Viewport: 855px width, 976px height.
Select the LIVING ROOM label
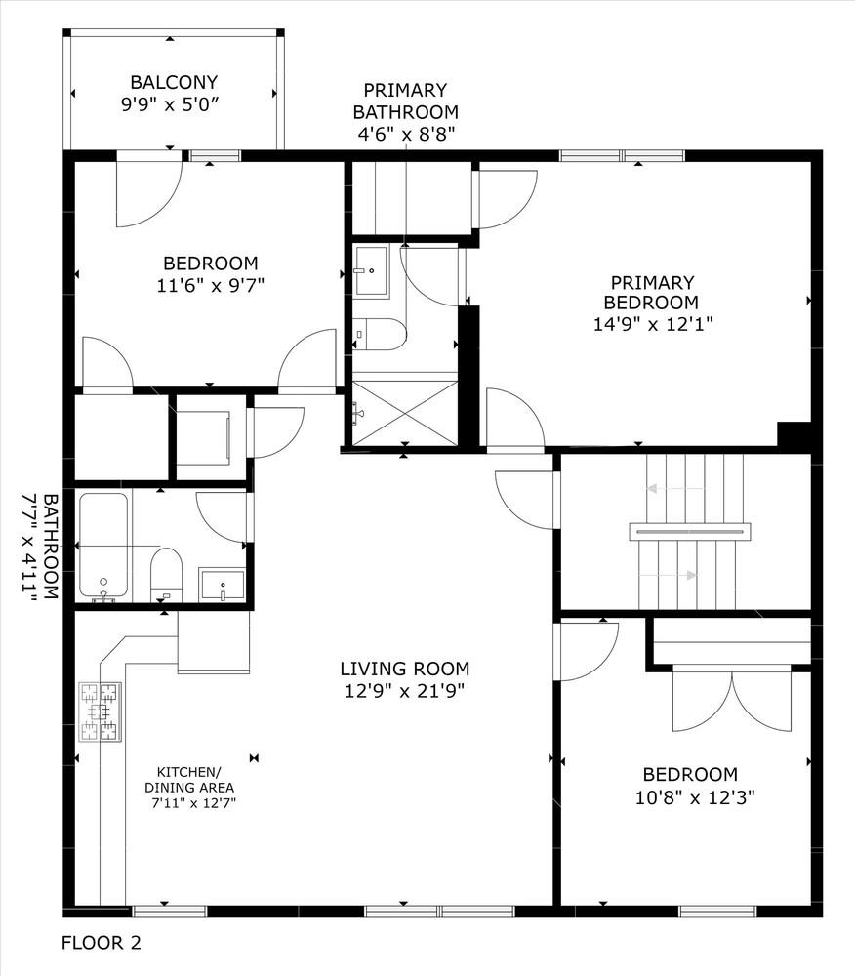(404, 669)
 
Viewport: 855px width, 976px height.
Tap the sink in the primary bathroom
(372, 271)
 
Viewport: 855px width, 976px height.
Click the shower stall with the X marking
(405, 412)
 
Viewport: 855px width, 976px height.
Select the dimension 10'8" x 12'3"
(694, 796)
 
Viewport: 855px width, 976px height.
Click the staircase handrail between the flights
(690, 531)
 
